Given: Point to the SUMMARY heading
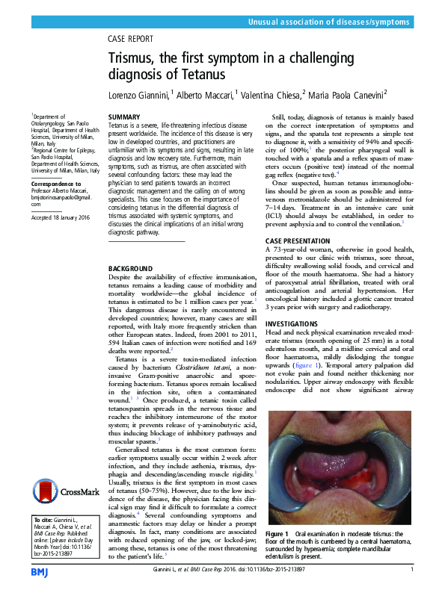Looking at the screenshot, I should tap(124, 118).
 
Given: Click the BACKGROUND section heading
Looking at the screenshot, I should tap(130, 268).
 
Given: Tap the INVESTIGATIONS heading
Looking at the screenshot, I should tap(292, 323).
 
